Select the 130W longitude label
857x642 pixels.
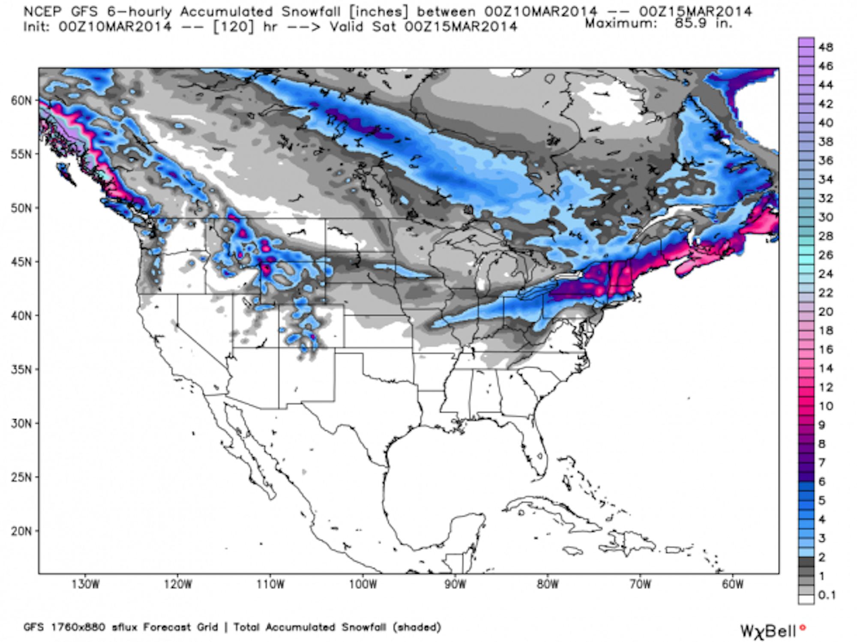pos(85,585)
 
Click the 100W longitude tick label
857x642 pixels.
pos(363,585)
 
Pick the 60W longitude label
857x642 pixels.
pos(732,585)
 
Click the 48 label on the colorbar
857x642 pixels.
pos(825,47)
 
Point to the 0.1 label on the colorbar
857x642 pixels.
pos(827,595)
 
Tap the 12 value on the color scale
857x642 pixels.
pos(825,387)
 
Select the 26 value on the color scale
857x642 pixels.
pos(825,255)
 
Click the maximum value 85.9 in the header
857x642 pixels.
pos(690,23)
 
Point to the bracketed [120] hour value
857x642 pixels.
pos(233,27)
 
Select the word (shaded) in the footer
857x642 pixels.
pos(417,627)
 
